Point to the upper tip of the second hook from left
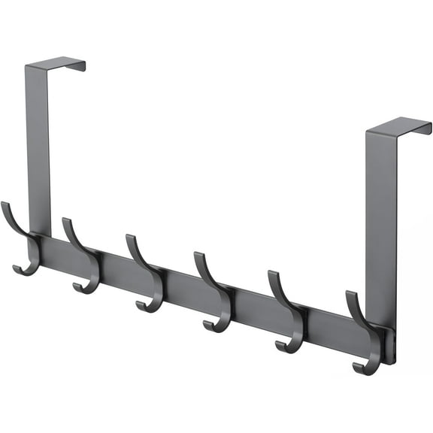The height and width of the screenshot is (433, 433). click(x=66, y=222)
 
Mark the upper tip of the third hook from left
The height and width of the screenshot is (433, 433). click(x=130, y=238)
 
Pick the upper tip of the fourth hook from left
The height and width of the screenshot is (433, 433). click(x=198, y=256)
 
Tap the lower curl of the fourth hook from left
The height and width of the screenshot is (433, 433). click(x=213, y=324)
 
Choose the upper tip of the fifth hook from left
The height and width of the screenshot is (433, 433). click(x=272, y=274)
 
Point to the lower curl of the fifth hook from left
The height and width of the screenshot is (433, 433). click(x=286, y=345)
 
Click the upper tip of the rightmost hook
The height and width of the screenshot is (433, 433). click(x=350, y=295)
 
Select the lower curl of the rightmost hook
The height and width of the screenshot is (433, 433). click(x=363, y=368)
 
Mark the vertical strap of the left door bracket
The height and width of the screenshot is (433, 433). click(x=38, y=150)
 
